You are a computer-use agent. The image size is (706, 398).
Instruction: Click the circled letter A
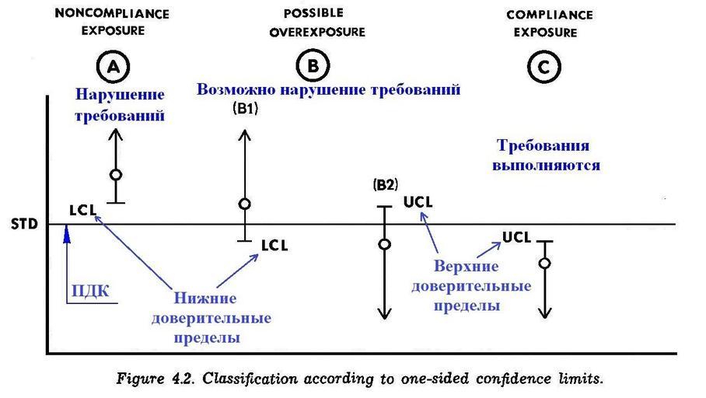pos(115,68)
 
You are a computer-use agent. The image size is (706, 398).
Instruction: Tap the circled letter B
pos(313,68)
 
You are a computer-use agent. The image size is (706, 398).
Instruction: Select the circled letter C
pos(543,68)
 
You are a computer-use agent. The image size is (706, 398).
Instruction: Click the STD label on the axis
pos(21,225)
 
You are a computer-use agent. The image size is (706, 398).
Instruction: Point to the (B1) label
pos(246,110)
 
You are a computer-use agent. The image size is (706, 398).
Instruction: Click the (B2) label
pos(386,185)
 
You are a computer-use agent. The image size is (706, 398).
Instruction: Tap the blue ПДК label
pos(90,292)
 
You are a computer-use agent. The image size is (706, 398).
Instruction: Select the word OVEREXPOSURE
pos(316,32)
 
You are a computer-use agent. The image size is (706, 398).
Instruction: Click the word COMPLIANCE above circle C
pos(549,15)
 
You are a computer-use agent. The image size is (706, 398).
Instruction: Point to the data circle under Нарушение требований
pos(116,175)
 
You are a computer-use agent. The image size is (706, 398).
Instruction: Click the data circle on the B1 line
pos(245,204)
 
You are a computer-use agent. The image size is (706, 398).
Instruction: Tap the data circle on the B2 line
pos(383,244)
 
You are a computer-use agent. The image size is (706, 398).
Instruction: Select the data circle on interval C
pos(545,264)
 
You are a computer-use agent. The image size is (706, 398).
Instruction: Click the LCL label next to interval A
pos(82,210)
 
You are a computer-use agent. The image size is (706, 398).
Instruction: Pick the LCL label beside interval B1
pos(274,245)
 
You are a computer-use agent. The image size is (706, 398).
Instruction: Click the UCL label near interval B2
pos(418,202)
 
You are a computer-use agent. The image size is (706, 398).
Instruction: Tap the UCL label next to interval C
pos(516,236)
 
